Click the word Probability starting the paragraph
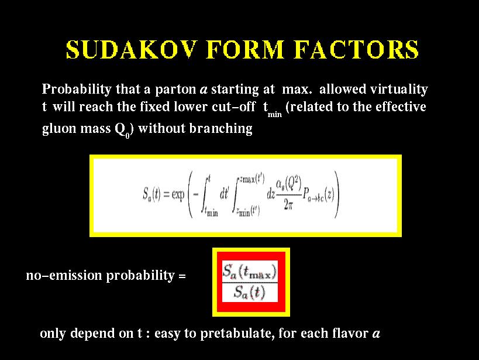(77, 90)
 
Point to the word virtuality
(399, 90)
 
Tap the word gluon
(59, 129)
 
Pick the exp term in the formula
(178, 194)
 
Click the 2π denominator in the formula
(288, 204)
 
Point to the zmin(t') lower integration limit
(247, 211)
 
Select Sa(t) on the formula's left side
(151, 194)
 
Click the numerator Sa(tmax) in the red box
(250, 271)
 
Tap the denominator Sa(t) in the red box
(250, 293)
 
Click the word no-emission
(64, 275)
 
